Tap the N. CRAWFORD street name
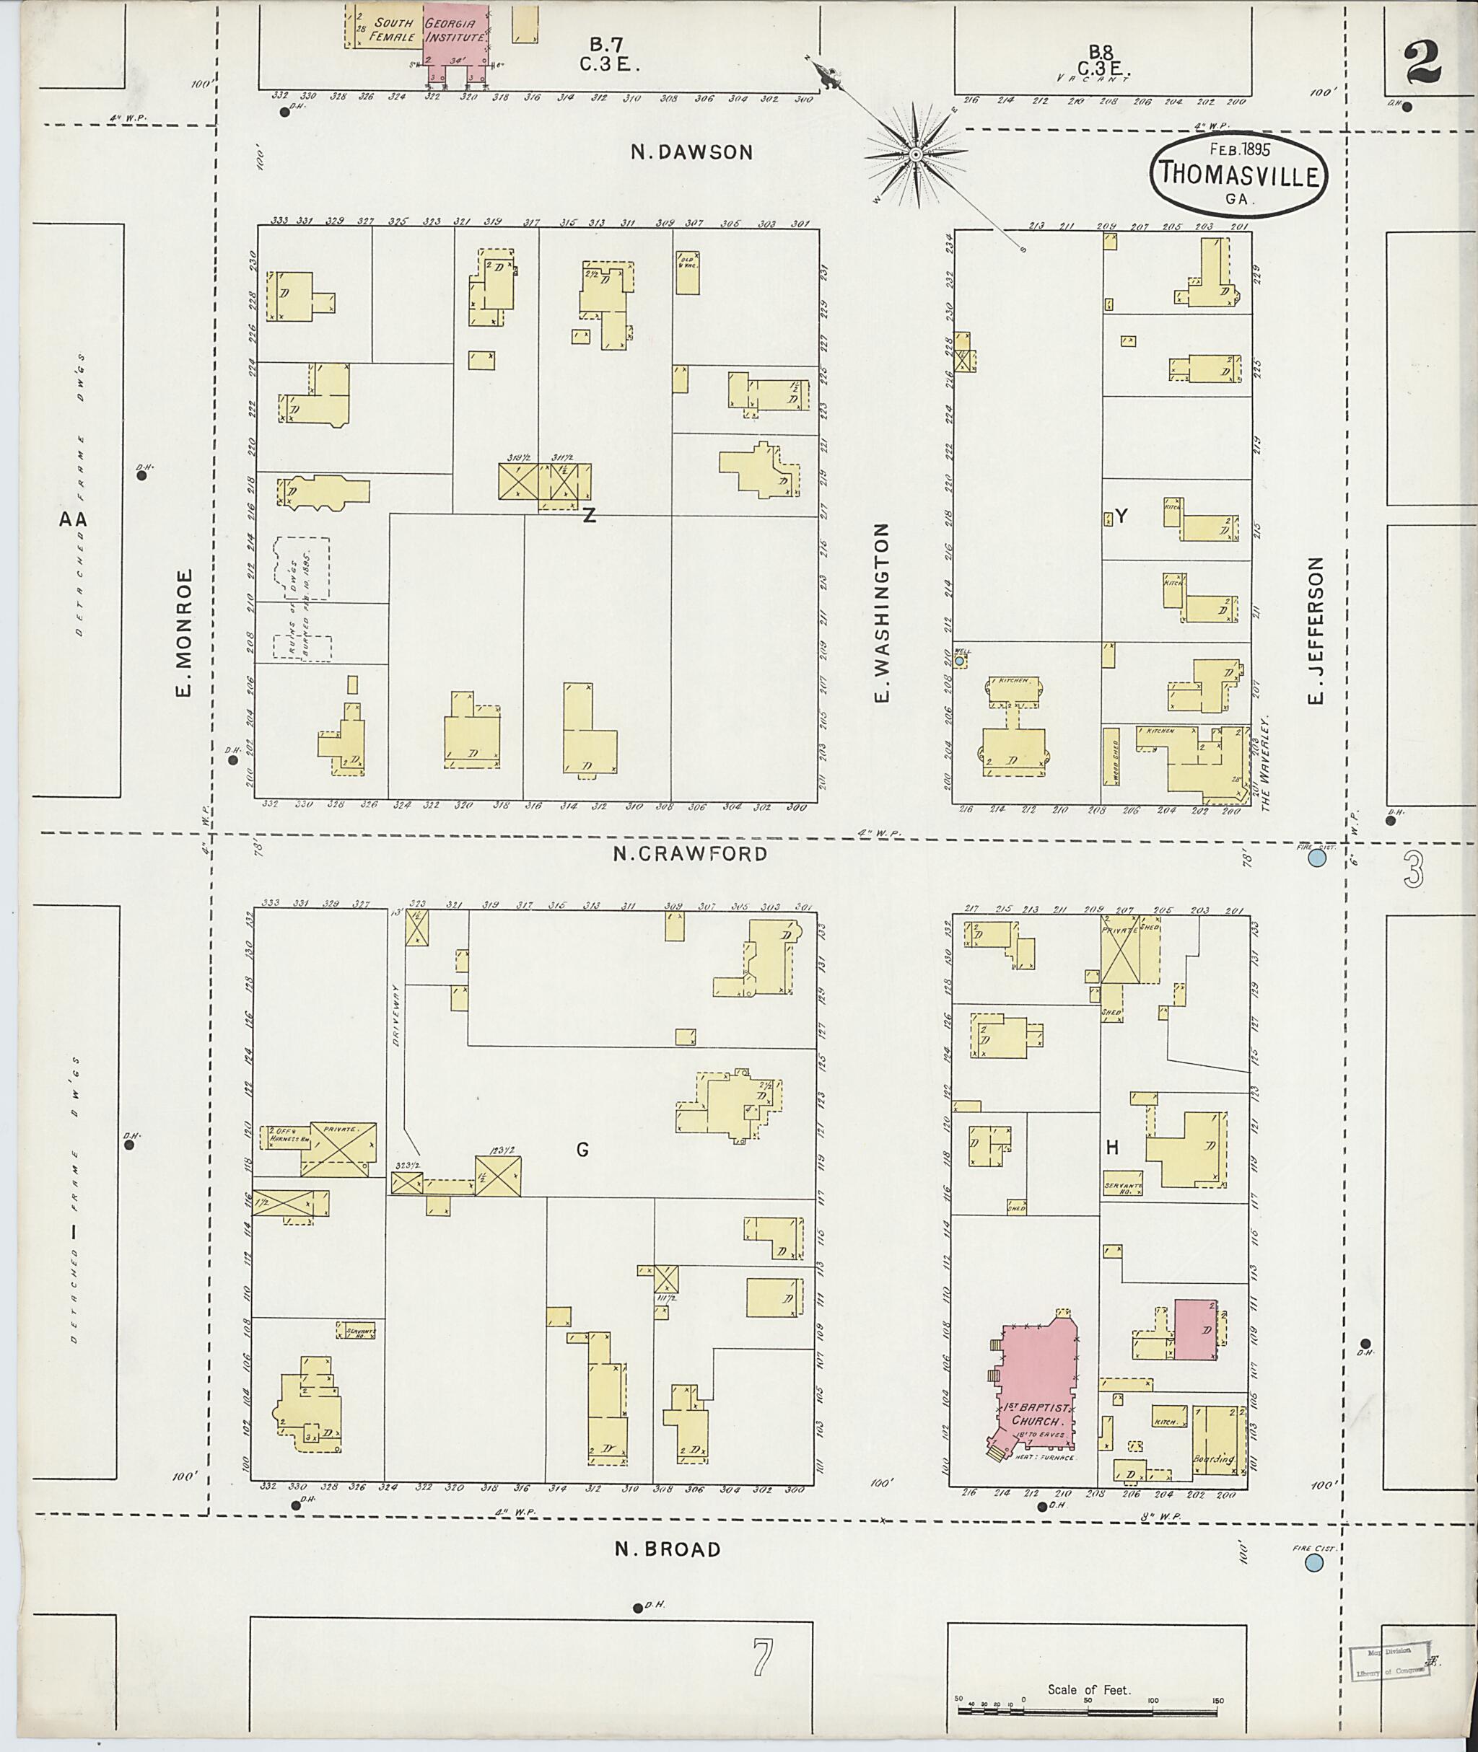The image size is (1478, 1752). pyautogui.click(x=690, y=853)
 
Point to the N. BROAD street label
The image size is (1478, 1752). pyautogui.click(x=667, y=1549)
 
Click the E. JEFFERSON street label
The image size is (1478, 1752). pyautogui.click(x=1316, y=630)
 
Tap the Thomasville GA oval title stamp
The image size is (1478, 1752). pyautogui.click(x=1239, y=175)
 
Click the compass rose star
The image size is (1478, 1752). pyautogui.click(x=916, y=155)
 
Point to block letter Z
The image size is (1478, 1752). pyautogui.click(x=589, y=516)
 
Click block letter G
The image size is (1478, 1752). pyautogui.click(x=582, y=1150)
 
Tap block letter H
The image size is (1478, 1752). pyautogui.click(x=1112, y=1148)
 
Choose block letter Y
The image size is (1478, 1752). pyautogui.click(x=1121, y=516)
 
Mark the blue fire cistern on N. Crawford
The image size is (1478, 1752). pyautogui.click(x=1316, y=858)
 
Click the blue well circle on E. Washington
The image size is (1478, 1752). pyautogui.click(x=959, y=661)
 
